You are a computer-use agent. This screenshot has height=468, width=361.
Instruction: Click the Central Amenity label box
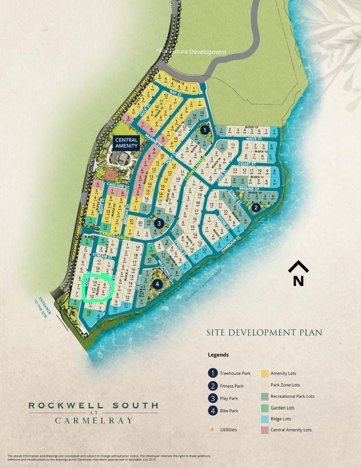[126, 143]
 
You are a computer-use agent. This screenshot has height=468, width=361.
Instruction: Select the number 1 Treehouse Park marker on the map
[205, 130]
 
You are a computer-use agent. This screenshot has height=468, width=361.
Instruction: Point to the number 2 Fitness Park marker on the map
[256, 208]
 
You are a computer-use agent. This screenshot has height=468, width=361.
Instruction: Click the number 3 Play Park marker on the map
[159, 223]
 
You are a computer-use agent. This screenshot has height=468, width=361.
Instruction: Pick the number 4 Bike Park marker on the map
[157, 284]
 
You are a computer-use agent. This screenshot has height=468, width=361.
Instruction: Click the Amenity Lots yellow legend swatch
[265, 373]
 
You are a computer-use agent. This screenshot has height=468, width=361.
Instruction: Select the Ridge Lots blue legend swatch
[265, 419]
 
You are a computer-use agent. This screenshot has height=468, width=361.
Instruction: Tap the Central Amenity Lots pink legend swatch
[265, 430]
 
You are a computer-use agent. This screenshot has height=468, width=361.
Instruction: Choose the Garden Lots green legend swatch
[265, 408]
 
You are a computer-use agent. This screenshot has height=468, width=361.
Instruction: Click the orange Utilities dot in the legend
[212, 430]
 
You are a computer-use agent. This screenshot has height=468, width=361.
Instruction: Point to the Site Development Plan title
[264, 333]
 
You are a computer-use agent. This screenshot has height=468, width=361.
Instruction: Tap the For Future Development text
[191, 52]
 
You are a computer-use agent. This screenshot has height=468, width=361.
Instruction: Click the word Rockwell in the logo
[63, 405]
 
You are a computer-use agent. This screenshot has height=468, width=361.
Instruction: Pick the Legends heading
[218, 355]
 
